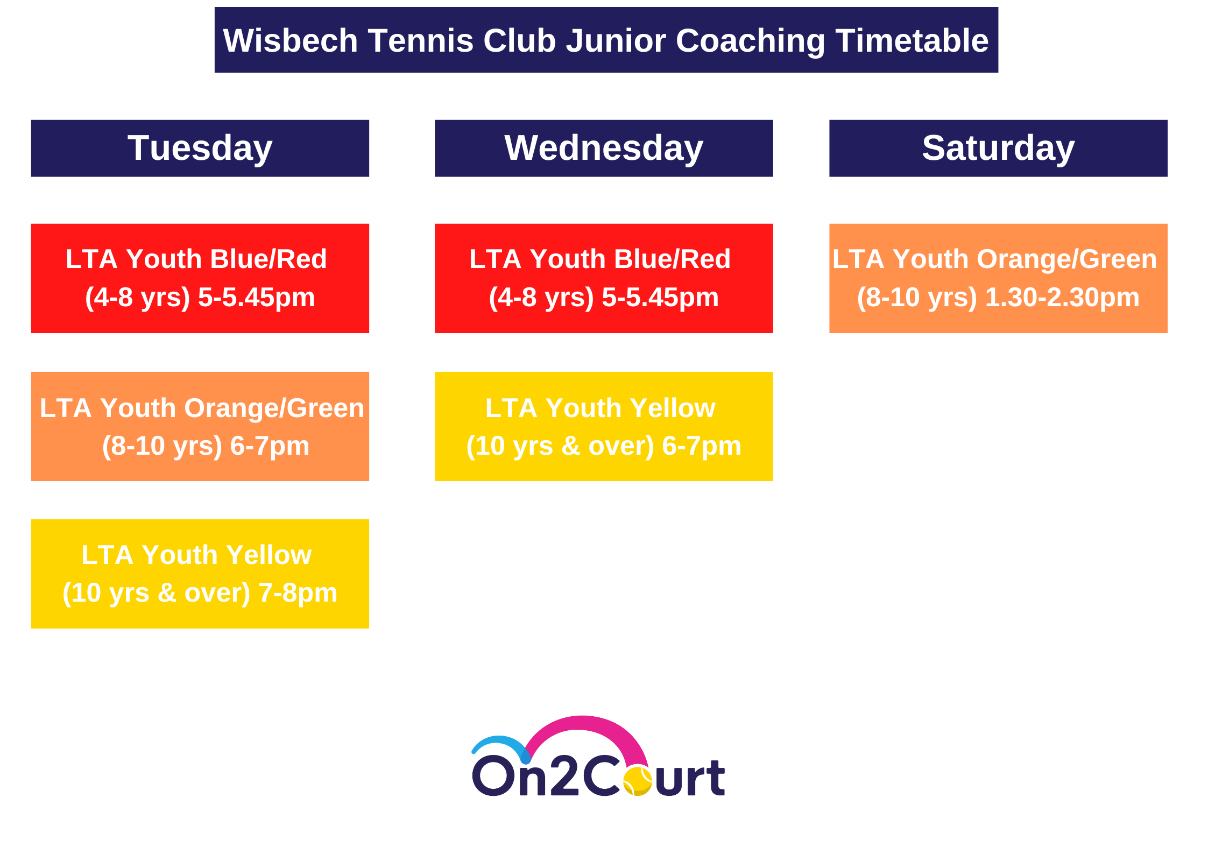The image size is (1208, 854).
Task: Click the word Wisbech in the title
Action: tap(291, 40)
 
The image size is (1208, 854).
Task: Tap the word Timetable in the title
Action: tap(912, 40)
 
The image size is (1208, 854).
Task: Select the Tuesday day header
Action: tap(200, 148)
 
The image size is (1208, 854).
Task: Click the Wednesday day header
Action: tap(604, 148)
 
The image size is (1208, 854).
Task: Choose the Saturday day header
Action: tap(998, 148)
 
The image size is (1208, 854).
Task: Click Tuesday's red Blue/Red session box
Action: tap(200, 278)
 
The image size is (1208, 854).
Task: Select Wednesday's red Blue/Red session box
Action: tap(604, 278)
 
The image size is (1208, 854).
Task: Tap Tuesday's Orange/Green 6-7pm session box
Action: tap(200, 426)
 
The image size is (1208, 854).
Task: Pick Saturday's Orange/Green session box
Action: tap(998, 278)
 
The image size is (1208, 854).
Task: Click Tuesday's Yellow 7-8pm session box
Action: tap(200, 574)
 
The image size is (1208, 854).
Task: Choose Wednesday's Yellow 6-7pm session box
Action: tap(604, 426)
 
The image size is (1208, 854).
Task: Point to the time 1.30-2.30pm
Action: tap(1062, 298)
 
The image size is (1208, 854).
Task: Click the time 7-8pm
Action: tap(298, 593)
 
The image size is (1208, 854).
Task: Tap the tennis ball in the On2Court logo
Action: tap(638, 781)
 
